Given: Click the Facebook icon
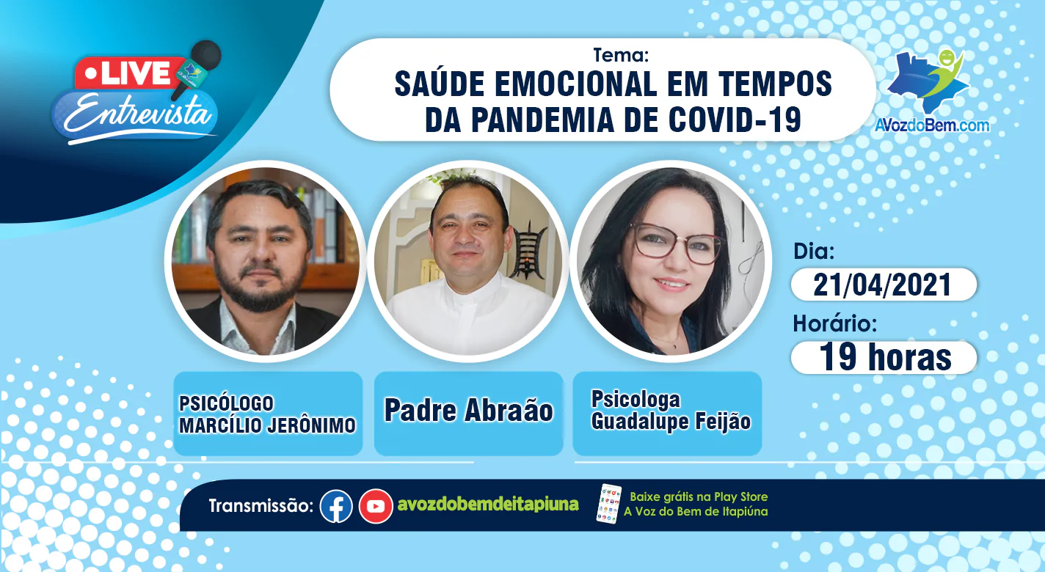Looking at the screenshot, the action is [x=336, y=506].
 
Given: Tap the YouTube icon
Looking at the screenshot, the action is [x=376, y=506].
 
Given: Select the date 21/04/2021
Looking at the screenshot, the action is [x=882, y=285].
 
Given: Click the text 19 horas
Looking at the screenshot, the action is [x=885, y=358].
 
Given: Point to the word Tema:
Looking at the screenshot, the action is [x=621, y=55].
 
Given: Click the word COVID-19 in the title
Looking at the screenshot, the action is [x=735, y=120].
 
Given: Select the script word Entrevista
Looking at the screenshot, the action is [x=138, y=114].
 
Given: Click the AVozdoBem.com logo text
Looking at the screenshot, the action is [x=932, y=125].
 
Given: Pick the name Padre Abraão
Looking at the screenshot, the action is [x=468, y=410].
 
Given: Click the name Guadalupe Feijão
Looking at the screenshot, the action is [x=671, y=421].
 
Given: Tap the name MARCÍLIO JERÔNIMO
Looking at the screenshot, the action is [x=267, y=425].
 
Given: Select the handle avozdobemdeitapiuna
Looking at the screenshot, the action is [x=488, y=505].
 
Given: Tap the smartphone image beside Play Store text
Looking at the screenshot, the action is [x=609, y=504].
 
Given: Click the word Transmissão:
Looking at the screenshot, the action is [x=261, y=506].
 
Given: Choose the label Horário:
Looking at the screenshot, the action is [x=835, y=323].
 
